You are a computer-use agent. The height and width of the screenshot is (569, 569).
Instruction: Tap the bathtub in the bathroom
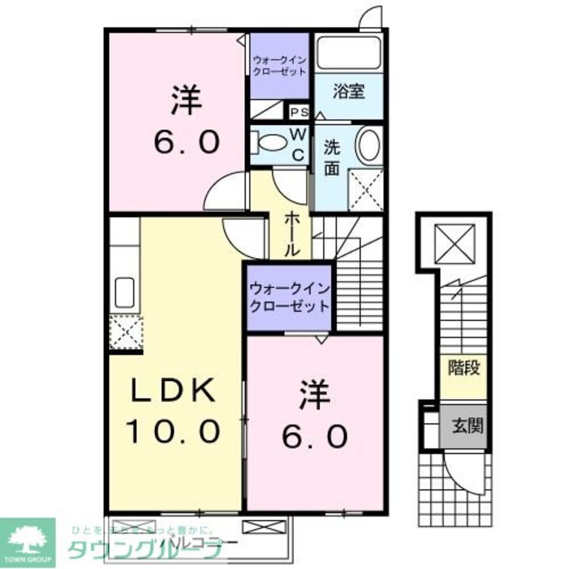coord(348,52)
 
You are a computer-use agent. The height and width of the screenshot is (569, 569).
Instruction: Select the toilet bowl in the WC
coord(271,142)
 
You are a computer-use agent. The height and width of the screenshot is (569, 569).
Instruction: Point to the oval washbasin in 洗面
coord(370,145)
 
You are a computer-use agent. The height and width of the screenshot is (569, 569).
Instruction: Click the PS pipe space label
coord(299,112)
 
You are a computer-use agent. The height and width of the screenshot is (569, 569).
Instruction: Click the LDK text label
coord(173,391)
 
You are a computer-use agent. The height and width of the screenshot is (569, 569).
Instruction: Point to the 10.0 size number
coord(173,431)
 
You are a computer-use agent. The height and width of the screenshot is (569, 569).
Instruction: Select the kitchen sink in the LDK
coord(125,292)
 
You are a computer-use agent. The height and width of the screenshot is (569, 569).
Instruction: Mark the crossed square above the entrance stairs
coord(454,243)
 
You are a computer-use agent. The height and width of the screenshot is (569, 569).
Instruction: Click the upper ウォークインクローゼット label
coord(279,65)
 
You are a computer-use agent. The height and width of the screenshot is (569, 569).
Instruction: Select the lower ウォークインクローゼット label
coord(288,297)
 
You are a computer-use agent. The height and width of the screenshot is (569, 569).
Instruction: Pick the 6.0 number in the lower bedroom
coord(314,437)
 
